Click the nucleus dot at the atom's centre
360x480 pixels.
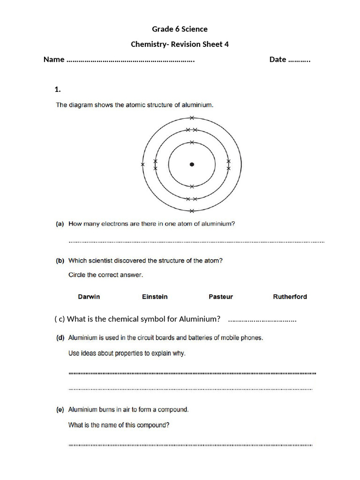[x=192, y=164]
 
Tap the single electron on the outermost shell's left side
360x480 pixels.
[x=142, y=165]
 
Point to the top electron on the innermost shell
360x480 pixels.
[x=192, y=142]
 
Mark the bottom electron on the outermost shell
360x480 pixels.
[x=192, y=211]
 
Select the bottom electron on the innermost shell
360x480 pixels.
[x=192, y=186]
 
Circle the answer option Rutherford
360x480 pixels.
[x=290, y=297]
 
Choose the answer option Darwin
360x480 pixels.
[x=89, y=297]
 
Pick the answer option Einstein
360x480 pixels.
[x=155, y=297]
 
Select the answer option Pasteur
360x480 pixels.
[x=220, y=297]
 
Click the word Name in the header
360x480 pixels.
[x=53, y=60]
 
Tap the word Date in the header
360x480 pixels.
[x=277, y=60]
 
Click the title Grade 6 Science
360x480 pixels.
[x=180, y=29]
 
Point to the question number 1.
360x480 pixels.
[x=58, y=89]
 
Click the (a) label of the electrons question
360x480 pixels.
[x=60, y=224]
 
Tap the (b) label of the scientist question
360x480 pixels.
[x=60, y=261]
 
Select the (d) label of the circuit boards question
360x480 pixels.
[x=60, y=337]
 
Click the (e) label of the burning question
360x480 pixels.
[x=60, y=410]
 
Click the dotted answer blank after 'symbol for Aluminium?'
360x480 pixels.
[x=262, y=320]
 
